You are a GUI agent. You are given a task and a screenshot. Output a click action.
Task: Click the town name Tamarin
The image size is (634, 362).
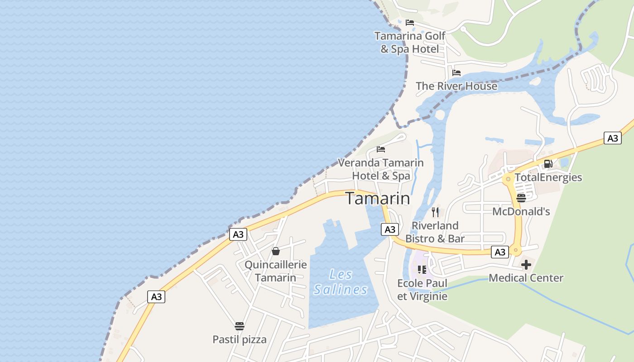pyautogui.click(x=378, y=198)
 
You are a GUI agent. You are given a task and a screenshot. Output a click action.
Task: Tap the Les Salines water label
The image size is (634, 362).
pyautogui.click(x=341, y=282)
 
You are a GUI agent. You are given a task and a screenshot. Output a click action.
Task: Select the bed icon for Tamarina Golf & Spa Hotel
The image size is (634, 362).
pyautogui.click(x=410, y=22)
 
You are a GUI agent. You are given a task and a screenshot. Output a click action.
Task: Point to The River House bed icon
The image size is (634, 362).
pyautogui.click(x=456, y=72)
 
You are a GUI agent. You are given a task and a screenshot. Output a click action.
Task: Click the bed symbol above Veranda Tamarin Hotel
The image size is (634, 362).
pyautogui.click(x=381, y=149)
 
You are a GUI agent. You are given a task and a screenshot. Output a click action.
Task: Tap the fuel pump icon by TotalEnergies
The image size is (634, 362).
pyautogui.click(x=548, y=164)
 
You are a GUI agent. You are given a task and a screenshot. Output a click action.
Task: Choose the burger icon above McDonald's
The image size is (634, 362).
pyautogui.click(x=521, y=198)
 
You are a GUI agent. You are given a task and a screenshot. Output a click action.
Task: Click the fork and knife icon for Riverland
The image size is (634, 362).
pyautogui.click(x=435, y=212)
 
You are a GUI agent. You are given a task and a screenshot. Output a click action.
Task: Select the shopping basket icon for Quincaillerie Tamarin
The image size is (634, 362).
pyautogui.click(x=276, y=251)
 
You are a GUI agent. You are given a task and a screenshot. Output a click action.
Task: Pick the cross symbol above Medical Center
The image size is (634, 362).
pyautogui.click(x=526, y=265)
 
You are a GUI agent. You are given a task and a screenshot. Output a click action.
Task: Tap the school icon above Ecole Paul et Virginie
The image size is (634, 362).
pyautogui.click(x=422, y=270)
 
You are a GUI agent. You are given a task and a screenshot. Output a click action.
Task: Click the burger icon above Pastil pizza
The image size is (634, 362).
pyautogui.click(x=240, y=326)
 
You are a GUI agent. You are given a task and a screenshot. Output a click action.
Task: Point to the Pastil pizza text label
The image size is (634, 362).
pyautogui.click(x=240, y=339)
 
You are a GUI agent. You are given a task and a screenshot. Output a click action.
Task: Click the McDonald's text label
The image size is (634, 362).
pyautogui.click(x=521, y=211)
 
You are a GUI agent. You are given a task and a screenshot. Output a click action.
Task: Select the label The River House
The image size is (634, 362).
pyautogui.click(x=456, y=86)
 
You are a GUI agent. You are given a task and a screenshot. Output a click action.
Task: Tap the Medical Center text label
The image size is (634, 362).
pyautogui.click(x=526, y=278)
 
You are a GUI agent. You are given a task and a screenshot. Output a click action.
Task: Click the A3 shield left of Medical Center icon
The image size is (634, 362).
pyautogui.click(x=500, y=252)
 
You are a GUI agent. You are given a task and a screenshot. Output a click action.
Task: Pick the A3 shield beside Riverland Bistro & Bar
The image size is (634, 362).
pyautogui.click(x=390, y=229)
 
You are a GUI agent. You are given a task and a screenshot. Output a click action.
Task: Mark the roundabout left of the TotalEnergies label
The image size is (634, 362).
pyautogui.click(x=508, y=179)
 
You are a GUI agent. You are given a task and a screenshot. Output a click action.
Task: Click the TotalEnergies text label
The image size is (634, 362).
pyautogui.click(x=548, y=177)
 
